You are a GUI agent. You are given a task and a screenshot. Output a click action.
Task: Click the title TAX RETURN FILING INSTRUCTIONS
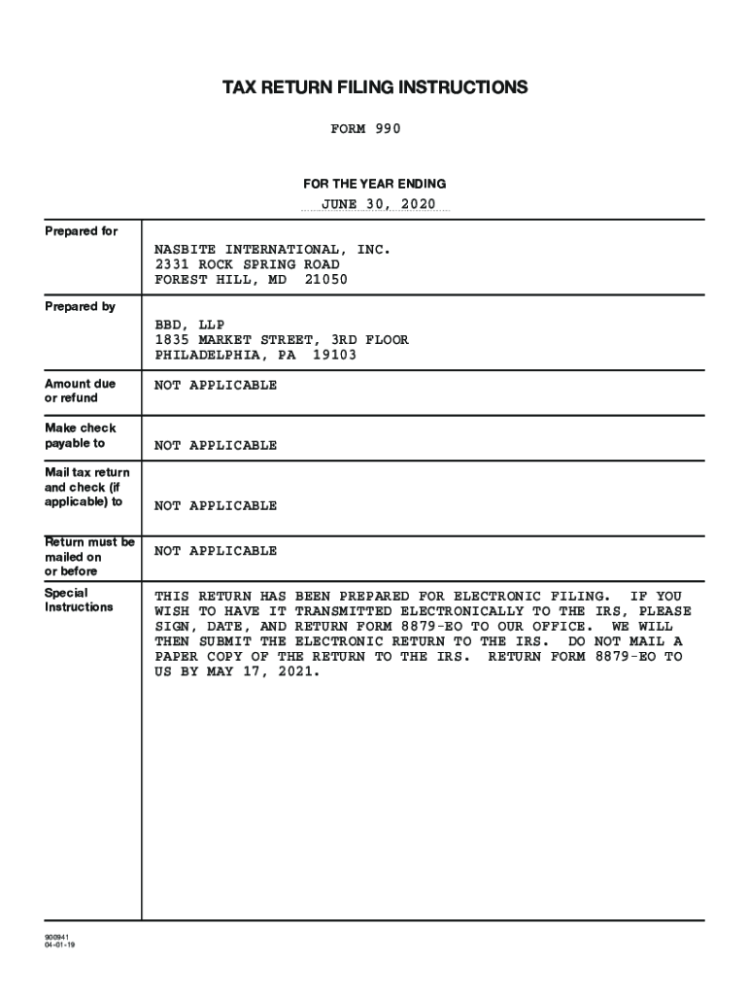click(375, 88)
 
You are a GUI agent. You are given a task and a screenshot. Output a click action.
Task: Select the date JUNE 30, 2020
click(379, 204)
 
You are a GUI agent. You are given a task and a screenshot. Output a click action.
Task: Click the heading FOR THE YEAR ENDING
click(374, 184)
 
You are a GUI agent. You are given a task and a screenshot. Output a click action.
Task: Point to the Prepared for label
click(82, 231)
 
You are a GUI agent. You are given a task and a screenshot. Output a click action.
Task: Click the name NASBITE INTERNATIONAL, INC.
click(273, 250)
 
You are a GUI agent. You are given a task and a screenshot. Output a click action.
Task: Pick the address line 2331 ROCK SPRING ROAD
click(248, 264)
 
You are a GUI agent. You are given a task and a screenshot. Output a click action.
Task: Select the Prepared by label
click(81, 307)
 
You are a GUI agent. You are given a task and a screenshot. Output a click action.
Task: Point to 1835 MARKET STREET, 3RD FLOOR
click(282, 340)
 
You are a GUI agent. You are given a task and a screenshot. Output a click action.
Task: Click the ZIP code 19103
click(335, 355)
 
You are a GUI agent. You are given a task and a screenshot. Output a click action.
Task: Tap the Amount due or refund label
click(81, 391)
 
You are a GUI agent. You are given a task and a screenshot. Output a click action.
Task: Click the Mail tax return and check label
click(86, 487)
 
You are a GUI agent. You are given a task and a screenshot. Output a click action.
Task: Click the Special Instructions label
click(79, 600)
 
